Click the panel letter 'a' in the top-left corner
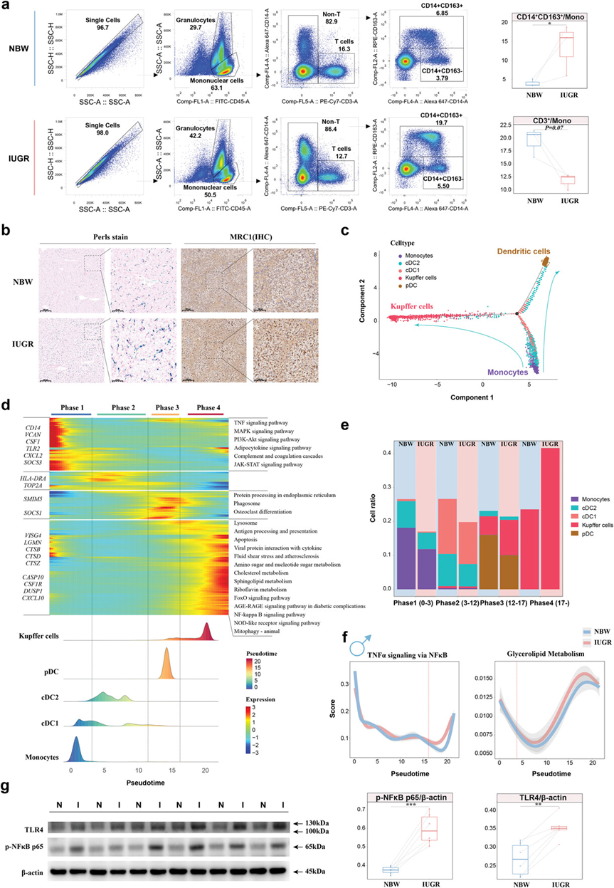pos(6,6)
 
